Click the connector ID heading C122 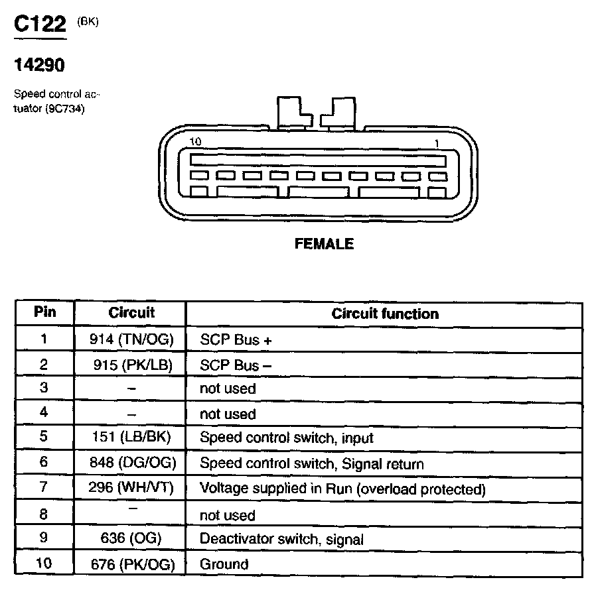click(40, 25)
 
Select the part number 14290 click(39, 66)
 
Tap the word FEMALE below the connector click(324, 244)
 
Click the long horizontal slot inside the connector click(317, 160)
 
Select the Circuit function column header click(385, 314)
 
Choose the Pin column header click(44, 313)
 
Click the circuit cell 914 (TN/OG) click(131, 339)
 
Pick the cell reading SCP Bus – click(236, 365)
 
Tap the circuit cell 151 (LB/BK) click(131, 438)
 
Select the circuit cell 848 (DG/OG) click(131, 463)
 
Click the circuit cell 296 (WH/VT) click(131, 489)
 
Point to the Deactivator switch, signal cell click(281, 539)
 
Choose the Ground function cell click(224, 564)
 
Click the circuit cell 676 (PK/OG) click(131, 564)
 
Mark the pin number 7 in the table click(44, 489)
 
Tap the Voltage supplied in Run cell click(342, 489)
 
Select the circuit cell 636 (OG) click(131, 539)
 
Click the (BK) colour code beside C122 click(88, 21)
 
